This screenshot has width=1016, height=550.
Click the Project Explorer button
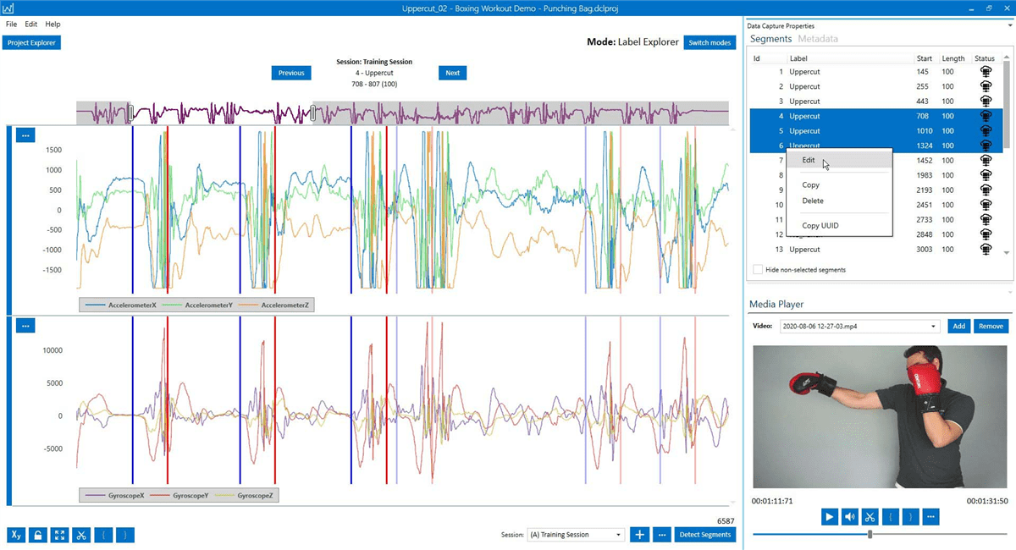point(31,42)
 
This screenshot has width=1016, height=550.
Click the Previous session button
point(291,73)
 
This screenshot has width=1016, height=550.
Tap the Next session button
point(452,73)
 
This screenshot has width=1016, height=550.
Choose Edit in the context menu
point(809,160)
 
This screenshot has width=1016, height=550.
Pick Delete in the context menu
point(812,201)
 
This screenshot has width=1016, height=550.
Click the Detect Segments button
point(705,535)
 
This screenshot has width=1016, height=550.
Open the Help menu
point(52,25)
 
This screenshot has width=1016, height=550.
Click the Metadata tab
point(818,39)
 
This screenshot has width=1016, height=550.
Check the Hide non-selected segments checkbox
point(757,270)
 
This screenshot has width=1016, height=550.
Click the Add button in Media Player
point(958,326)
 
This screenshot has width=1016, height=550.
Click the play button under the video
point(830,516)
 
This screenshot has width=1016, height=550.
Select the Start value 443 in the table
point(923,102)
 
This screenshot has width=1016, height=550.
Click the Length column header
point(952,58)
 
